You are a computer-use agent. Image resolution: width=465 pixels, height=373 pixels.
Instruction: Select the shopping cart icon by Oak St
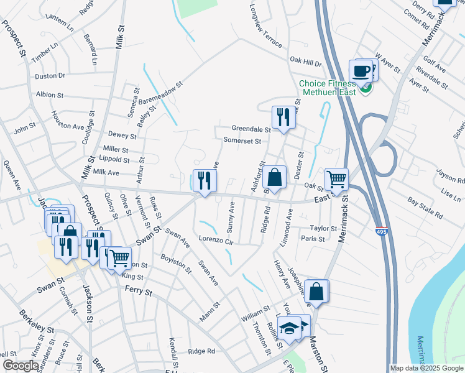[336, 179]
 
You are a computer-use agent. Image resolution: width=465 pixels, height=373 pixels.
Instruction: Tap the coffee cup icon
[361, 71]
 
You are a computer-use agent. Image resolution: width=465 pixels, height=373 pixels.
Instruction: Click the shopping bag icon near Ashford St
[274, 177]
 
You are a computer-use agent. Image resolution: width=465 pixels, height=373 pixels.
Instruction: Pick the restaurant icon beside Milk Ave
[205, 181]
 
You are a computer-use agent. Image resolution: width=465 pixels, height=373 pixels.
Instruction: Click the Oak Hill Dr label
[305, 63]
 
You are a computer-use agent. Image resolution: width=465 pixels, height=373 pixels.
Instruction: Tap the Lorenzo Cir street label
[216, 240]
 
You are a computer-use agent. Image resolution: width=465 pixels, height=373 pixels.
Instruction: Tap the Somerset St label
[242, 141]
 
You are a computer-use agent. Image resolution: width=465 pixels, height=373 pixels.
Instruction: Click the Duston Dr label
[50, 76]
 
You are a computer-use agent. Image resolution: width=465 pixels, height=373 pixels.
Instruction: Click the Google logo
[20, 366]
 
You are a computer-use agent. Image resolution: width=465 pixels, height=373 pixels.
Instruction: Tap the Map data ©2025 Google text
[426, 368]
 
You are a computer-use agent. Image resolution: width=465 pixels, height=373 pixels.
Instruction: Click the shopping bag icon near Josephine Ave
[316, 291]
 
